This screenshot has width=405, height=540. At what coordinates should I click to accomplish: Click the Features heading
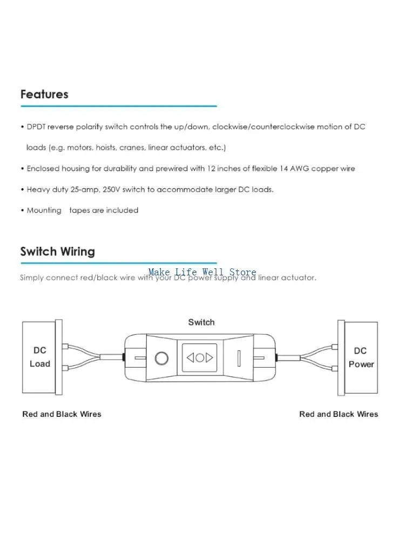point(44,94)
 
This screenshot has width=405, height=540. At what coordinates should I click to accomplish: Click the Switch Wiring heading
point(58,252)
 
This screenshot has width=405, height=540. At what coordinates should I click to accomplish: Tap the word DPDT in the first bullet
point(36,127)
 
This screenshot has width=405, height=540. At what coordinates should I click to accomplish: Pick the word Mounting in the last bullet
point(44,211)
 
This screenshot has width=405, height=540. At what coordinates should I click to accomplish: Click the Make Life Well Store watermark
point(202,272)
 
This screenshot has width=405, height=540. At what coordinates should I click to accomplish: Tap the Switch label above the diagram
point(201,322)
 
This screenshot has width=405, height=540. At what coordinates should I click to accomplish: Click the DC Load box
point(39,357)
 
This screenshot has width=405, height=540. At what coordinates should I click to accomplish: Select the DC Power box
point(361,357)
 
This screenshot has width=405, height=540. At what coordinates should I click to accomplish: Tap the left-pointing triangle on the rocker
point(190,358)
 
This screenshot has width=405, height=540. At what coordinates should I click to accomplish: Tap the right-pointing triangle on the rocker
point(210,358)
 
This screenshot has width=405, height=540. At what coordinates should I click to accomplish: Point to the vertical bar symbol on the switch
point(239,358)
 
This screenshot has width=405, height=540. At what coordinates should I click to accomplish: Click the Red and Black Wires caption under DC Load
point(62,414)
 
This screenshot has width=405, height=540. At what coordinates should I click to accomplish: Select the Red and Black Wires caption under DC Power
point(339,414)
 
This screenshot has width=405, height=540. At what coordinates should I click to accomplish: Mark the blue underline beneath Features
point(118,106)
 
